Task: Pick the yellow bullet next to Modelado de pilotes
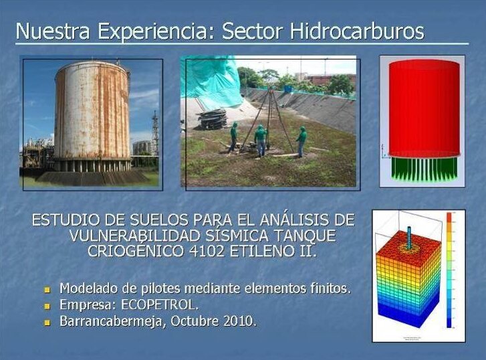tap(47, 290)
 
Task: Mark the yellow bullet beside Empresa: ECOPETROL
tap(47, 306)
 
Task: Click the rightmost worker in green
tap(301, 141)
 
